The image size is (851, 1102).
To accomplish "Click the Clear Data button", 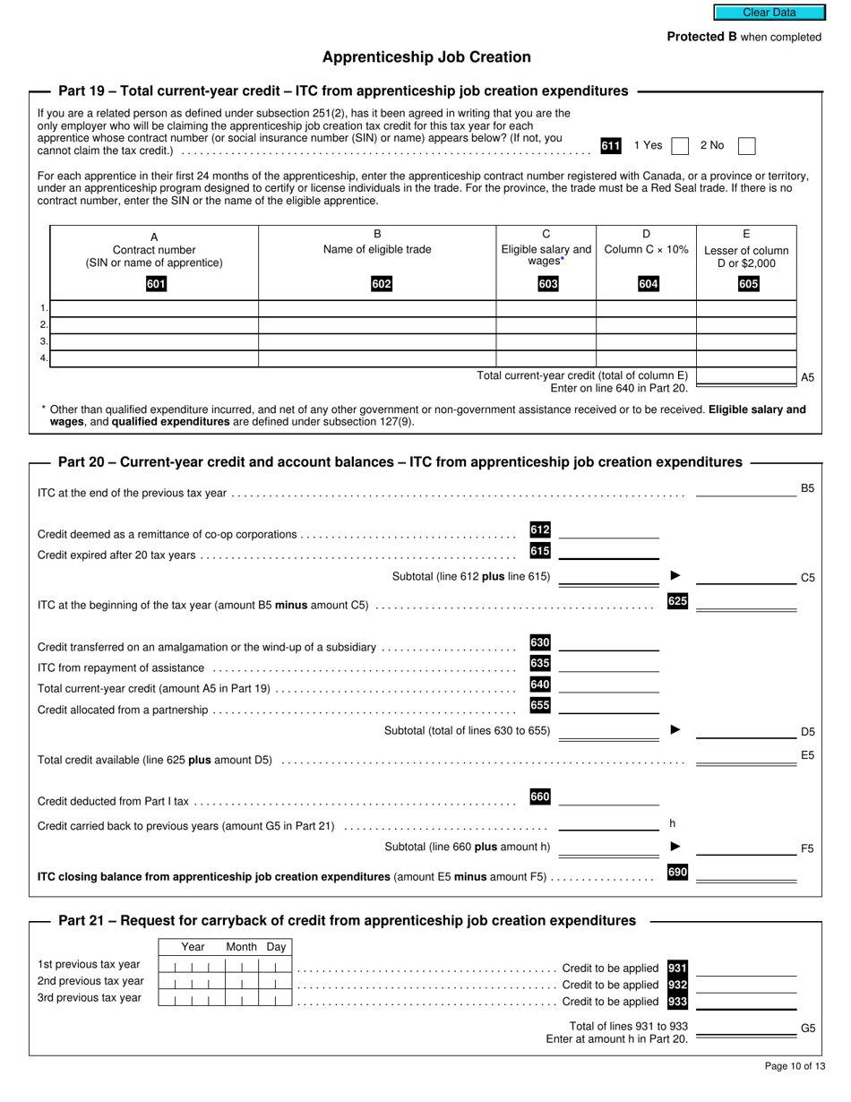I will click(769, 13).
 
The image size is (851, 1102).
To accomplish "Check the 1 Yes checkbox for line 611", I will click(680, 146).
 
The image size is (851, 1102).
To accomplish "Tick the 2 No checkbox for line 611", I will click(746, 146).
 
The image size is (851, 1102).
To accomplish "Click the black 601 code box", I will click(156, 285).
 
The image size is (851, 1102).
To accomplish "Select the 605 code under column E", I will click(748, 285).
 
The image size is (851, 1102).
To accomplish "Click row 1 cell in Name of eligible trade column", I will click(377, 309).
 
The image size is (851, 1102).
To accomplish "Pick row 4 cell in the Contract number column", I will click(154, 358).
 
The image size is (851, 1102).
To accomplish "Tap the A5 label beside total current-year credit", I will click(807, 378).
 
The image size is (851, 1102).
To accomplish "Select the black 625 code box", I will click(677, 601).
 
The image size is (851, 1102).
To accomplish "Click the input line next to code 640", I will click(608, 686).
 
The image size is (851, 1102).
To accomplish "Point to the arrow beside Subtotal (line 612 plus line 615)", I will click(675, 575).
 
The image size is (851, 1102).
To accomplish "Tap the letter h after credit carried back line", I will click(672, 823).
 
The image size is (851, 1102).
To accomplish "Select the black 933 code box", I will click(677, 1002).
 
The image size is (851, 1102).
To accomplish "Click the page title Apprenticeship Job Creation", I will click(426, 57).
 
